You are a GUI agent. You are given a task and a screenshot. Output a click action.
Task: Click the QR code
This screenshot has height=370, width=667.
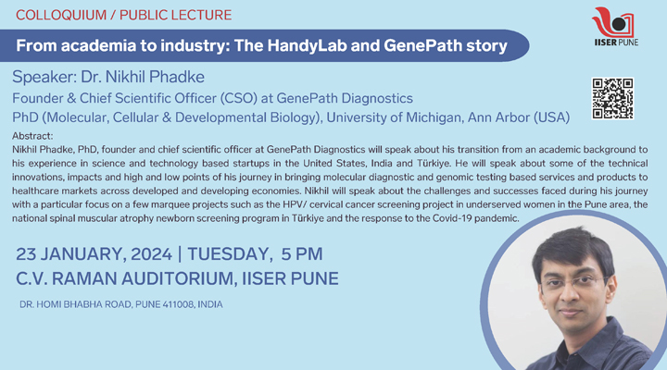tap(612, 98)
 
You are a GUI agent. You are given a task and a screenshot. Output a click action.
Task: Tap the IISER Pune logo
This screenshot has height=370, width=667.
tap(615, 26)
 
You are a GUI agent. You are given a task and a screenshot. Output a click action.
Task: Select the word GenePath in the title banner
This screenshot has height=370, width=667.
tap(422, 45)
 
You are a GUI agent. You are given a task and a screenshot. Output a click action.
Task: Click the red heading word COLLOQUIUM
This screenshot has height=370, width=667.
tap(61, 15)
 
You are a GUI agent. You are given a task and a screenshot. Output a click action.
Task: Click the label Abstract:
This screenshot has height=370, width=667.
tap(32, 136)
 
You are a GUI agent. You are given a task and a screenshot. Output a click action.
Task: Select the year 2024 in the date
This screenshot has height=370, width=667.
tap(151, 254)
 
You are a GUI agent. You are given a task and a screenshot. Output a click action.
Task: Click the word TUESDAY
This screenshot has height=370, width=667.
tap(228, 254)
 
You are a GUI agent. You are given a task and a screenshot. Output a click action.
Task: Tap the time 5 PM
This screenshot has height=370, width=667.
tap(302, 254)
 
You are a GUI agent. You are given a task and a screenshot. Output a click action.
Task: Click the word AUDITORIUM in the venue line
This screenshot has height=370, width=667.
tap(177, 278)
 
